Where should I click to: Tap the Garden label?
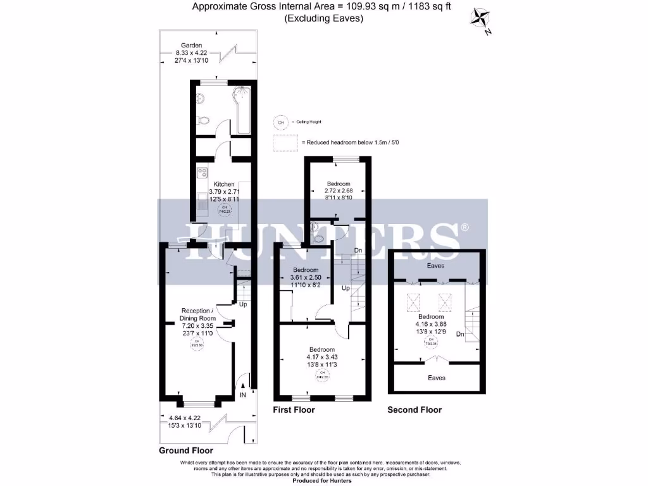click(x=191, y=46)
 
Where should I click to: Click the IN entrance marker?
click(x=242, y=396)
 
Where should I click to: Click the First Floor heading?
click(x=294, y=410)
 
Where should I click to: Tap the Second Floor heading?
click(x=414, y=410)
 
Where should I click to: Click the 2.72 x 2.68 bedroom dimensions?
click(x=333, y=190)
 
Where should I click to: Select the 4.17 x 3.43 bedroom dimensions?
click(x=322, y=358)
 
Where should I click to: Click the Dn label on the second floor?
click(x=461, y=333)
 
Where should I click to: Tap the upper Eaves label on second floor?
click(x=436, y=266)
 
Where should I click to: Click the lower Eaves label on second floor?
click(x=436, y=378)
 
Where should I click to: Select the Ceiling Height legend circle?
click(x=280, y=122)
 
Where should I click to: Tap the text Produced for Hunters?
click(x=323, y=480)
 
